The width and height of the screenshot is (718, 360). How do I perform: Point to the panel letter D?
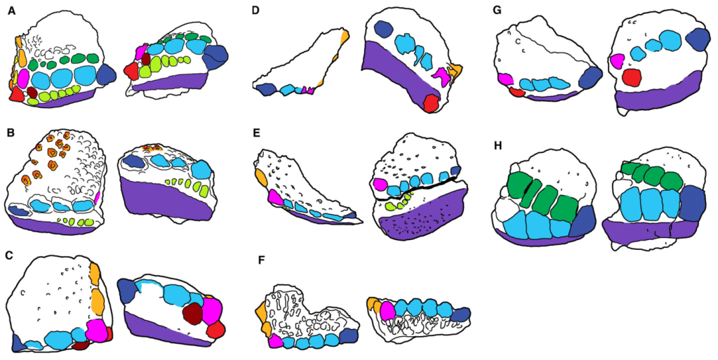click(257, 11)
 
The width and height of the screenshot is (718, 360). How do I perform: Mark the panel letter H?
click(498, 146)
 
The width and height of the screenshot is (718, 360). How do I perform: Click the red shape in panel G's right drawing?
click(632, 77)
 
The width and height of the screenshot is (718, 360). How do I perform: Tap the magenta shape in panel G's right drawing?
click(618, 62)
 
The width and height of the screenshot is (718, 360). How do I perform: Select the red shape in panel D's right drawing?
click(430, 105)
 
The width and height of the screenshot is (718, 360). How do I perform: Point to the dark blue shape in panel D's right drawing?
click(383, 29)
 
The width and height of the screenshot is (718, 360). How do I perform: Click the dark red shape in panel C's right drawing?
click(192, 313)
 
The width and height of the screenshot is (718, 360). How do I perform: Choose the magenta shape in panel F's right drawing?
click(388, 315)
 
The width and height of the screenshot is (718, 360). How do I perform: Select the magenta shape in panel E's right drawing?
click(380, 185)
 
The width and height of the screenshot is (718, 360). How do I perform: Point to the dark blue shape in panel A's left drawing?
click(107, 74)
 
